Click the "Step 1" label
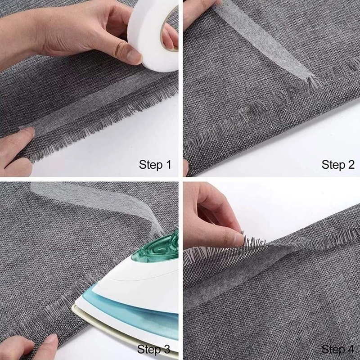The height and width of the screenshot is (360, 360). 155,165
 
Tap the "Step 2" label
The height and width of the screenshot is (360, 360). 338,165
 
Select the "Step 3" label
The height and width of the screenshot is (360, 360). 153,350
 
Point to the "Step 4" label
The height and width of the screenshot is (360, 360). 337,350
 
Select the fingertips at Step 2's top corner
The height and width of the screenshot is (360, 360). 200,12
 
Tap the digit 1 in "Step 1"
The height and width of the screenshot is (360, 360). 168,165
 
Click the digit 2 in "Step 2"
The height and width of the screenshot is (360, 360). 351,165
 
